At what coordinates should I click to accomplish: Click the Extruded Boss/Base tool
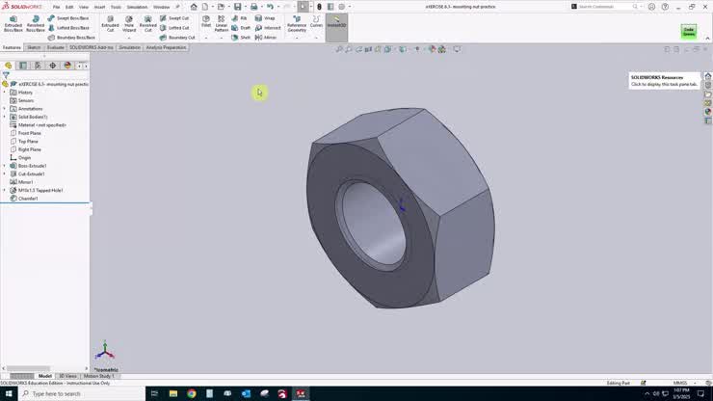pyautogui.click(x=13, y=23)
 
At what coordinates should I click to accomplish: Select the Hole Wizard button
pyautogui.click(x=129, y=23)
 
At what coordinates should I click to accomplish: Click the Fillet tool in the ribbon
pyautogui.click(x=206, y=22)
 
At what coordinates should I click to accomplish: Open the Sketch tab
pyautogui.click(x=34, y=47)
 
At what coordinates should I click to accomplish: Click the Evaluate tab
pyautogui.click(x=56, y=47)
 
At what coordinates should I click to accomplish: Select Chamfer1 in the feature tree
pyautogui.click(x=28, y=199)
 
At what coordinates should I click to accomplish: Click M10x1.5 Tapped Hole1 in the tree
pyautogui.click(x=40, y=190)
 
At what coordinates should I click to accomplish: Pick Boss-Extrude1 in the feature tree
pyautogui.click(x=32, y=166)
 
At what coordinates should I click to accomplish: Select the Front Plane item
pyautogui.click(x=29, y=133)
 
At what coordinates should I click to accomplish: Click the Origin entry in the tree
pyautogui.click(x=24, y=157)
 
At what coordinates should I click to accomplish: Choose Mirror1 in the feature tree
pyautogui.click(x=25, y=182)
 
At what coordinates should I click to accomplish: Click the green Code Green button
pyautogui.click(x=689, y=32)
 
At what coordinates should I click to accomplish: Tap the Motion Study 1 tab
pyautogui.click(x=98, y=376)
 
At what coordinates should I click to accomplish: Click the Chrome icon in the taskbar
pyautogui.click(x=192, y=394)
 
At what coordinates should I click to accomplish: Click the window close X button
pyautogui.click(x=704, y=6)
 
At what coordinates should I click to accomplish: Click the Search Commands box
pyautogui.click(x=612, y=6)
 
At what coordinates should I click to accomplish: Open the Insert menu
pyautogui.click(x=99, y=7)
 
